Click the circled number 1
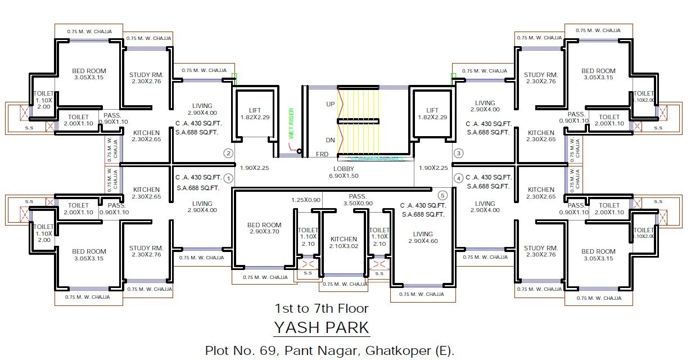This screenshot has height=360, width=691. pos(228,178)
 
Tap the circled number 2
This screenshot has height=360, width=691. pos(228,153)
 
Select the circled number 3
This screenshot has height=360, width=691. pos(459,153)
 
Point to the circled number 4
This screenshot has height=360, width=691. pos(459,178)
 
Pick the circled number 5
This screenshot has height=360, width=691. pos(442,196)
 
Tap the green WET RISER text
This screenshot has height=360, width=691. pos(291,123)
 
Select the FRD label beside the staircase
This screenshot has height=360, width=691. pos(322,154)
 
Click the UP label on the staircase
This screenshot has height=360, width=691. pos(331,105)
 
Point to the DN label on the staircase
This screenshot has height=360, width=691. pos(331,139)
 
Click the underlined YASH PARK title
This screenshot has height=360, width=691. pos(322,327)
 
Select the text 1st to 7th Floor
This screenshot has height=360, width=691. pos(322,308)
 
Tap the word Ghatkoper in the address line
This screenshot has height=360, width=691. pos(396,350)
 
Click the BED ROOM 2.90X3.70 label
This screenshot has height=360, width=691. pos(264,228)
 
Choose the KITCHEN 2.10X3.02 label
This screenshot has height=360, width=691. pos(344,242)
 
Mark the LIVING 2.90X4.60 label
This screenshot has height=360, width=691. pos(423,237)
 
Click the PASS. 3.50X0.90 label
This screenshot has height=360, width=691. pos(358,200)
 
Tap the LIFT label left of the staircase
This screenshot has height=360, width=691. pos(255,110)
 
